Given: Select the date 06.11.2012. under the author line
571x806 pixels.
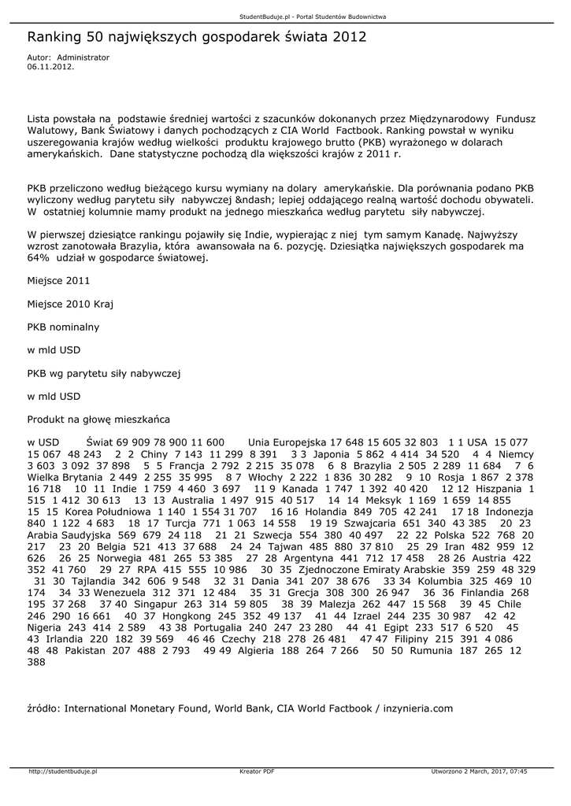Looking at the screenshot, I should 50,67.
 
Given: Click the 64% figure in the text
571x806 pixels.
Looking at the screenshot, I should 38,257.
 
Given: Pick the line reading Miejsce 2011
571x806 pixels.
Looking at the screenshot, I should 58,280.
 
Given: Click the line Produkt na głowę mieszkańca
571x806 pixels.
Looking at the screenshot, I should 98,419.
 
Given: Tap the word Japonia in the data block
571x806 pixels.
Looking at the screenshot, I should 331,454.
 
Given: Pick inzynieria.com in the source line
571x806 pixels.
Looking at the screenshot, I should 417,708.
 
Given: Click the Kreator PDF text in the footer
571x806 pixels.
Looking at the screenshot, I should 257,771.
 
